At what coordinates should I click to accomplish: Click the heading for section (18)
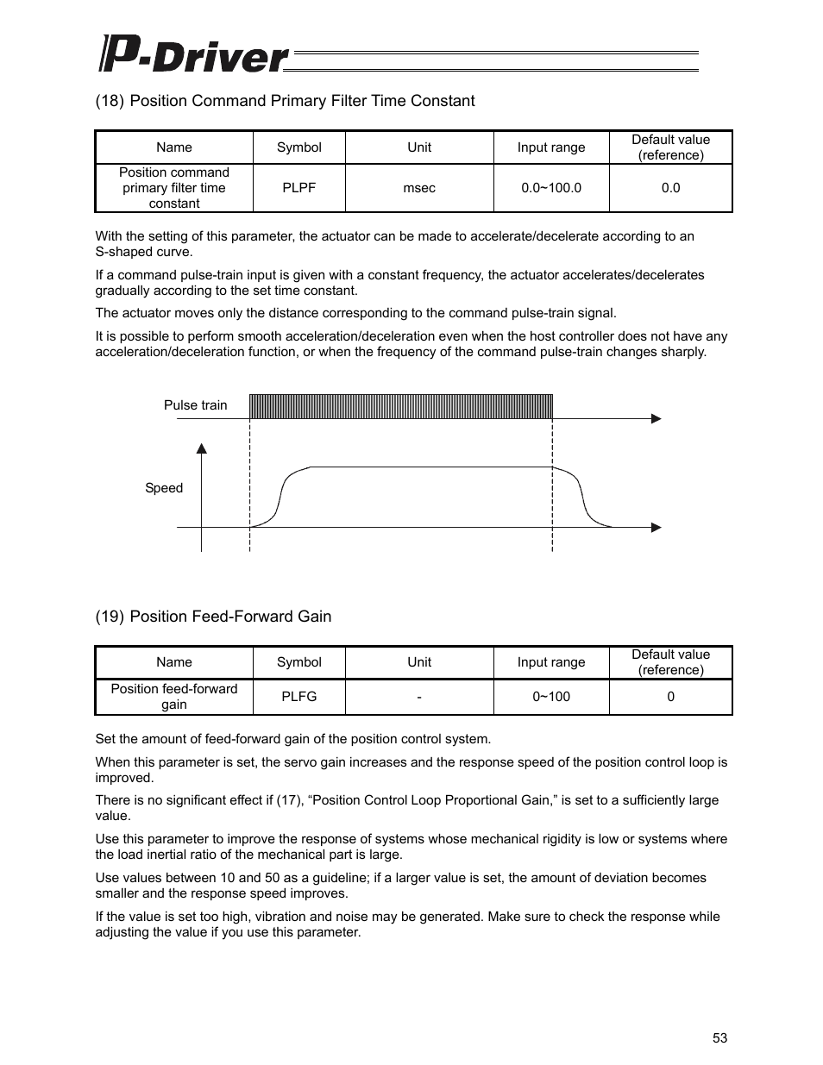[285, 101]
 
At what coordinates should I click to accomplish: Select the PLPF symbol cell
[298, 188]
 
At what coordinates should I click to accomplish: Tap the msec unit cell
[419, 188]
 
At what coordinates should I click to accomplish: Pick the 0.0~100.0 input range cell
[551, 188]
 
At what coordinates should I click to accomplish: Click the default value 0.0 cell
[670, 188]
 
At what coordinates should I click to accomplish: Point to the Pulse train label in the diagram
[196, 405]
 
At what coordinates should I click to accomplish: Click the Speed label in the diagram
[164, 488]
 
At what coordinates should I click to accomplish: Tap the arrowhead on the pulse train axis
[656, 419]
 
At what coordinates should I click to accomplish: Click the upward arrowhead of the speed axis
[201, 448]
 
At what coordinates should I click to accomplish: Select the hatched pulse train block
[401, 406]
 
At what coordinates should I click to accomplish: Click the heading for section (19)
[213, 617]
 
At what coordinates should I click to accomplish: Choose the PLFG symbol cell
[298, 697]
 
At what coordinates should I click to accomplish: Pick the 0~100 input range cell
[551, 697]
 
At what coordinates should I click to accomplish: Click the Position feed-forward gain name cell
[174, 697]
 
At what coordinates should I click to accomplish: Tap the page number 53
[719, 1038]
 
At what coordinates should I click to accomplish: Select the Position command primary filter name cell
[174, 188]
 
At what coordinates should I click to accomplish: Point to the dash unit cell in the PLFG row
[419, 697]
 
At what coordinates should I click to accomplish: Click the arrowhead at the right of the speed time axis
[656, 528]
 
